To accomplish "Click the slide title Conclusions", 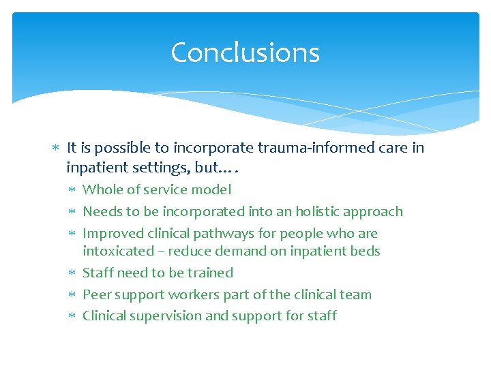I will coord(245,52).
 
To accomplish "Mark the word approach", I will coord(376,212).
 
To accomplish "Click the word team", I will coord(356,294).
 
